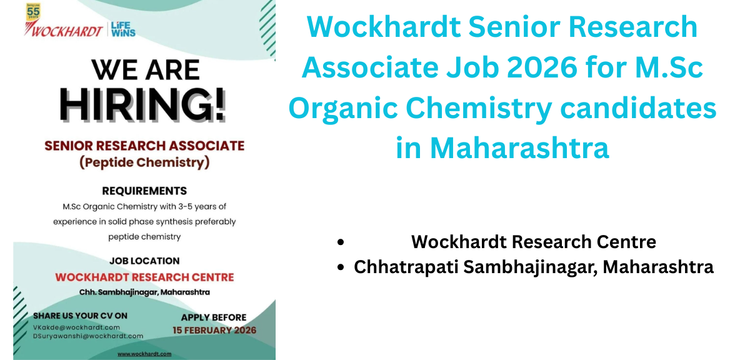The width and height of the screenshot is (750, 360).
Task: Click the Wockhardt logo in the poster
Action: tap(64, 30)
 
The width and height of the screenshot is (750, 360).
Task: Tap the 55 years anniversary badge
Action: tap(33, 13)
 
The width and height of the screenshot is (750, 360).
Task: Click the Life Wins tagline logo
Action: tap(123, 29)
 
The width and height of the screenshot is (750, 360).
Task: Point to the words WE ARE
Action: tap(145, 69)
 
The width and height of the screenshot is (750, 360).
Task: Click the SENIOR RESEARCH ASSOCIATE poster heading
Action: tap(144, 146)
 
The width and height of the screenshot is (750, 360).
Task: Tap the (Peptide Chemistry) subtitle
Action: tap(144, 163)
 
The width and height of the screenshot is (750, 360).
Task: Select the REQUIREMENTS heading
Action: tap(144, 191)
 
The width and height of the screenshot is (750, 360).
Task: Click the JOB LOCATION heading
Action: tap(144, 261)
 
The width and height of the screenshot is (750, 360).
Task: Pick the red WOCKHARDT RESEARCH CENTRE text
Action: tap(144, 277)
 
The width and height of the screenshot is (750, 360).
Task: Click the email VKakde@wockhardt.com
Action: tap(76, 327)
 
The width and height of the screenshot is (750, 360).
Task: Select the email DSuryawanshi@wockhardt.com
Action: tap(88, 336)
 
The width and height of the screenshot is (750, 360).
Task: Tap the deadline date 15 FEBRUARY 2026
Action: tap(214, 330)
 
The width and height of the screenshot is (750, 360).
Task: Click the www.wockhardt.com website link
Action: tap(144, 354)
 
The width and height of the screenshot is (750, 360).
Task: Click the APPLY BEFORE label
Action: tap(214, 317)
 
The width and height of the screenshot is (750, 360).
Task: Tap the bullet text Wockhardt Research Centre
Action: tap(533, 241)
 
